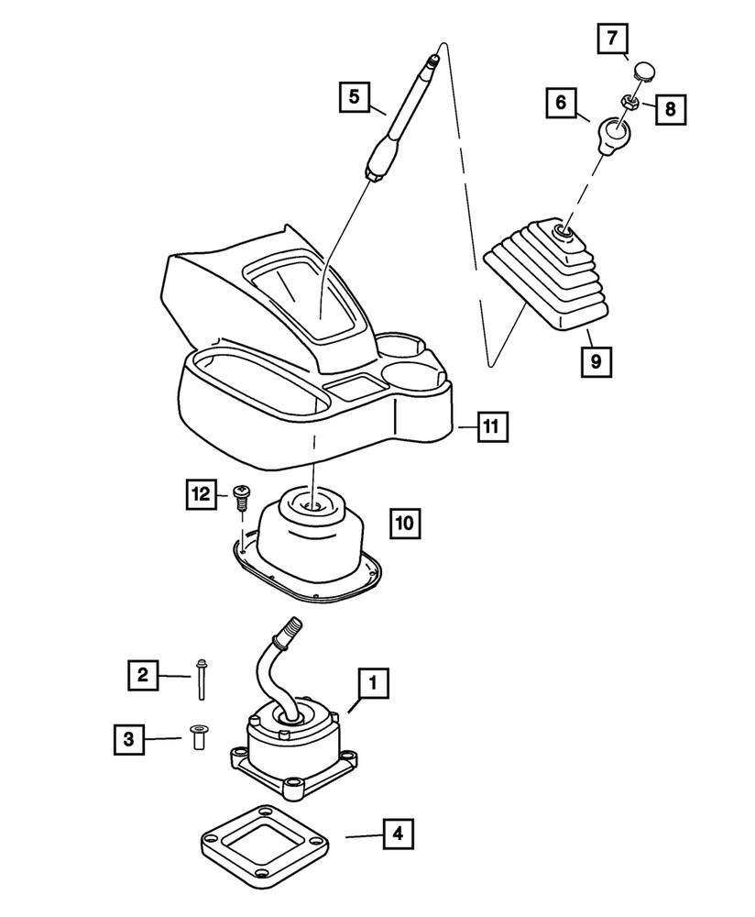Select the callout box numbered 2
point(142,677)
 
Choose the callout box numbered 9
point(596,362)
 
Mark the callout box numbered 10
point(404,524)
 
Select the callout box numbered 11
point(491,426)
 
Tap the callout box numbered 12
point(201,493)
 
